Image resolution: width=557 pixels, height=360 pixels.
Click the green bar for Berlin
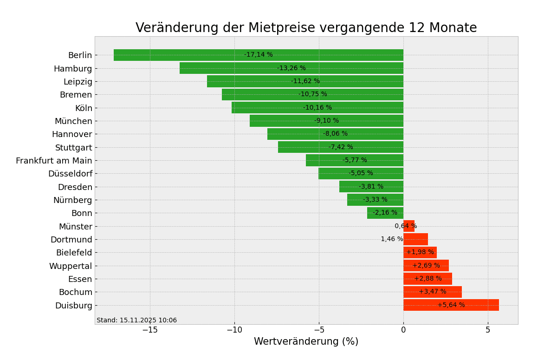[186, 55]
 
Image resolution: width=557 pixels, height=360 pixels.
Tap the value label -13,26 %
[291, 68]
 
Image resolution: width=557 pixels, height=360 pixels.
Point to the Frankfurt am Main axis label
[54, 161]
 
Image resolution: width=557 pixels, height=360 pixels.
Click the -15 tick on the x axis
[149, 330]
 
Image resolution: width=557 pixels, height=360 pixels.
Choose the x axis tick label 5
[488, 330]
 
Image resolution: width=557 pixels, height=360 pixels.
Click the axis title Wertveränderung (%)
[306, 342]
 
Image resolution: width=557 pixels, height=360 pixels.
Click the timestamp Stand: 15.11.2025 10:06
[136, 321]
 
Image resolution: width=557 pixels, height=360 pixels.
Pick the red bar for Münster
[408, 226]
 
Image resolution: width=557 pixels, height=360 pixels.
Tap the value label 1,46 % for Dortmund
[392, 239]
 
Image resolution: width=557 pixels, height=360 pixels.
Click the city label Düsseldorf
[70, 174]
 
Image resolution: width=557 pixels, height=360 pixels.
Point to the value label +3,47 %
[432, 292]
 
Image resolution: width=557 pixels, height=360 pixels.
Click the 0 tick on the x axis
[403, 330]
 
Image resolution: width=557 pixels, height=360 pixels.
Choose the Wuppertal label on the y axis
[71, 266]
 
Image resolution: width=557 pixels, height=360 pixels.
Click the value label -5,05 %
[361, 173]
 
